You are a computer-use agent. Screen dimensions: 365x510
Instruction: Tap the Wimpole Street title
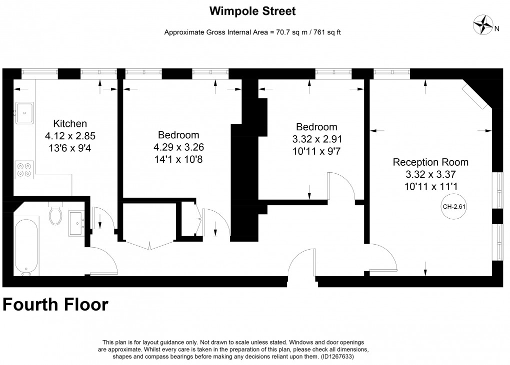click(x=252, y=10)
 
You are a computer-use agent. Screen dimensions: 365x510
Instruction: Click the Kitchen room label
click(x=70, y=123)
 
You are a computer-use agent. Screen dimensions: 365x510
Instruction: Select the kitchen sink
click(x=24, y=112)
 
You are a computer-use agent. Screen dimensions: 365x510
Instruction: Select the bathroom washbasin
click(x=76, y=222)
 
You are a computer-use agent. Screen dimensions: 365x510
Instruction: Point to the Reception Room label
click(x=430, y=162)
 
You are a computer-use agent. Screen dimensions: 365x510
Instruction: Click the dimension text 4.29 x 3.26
click(x=178, y=147)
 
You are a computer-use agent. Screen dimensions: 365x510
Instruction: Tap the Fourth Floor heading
click(x=55, y=304)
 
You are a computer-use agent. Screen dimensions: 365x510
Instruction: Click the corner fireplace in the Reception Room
click(x=476, y=96)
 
